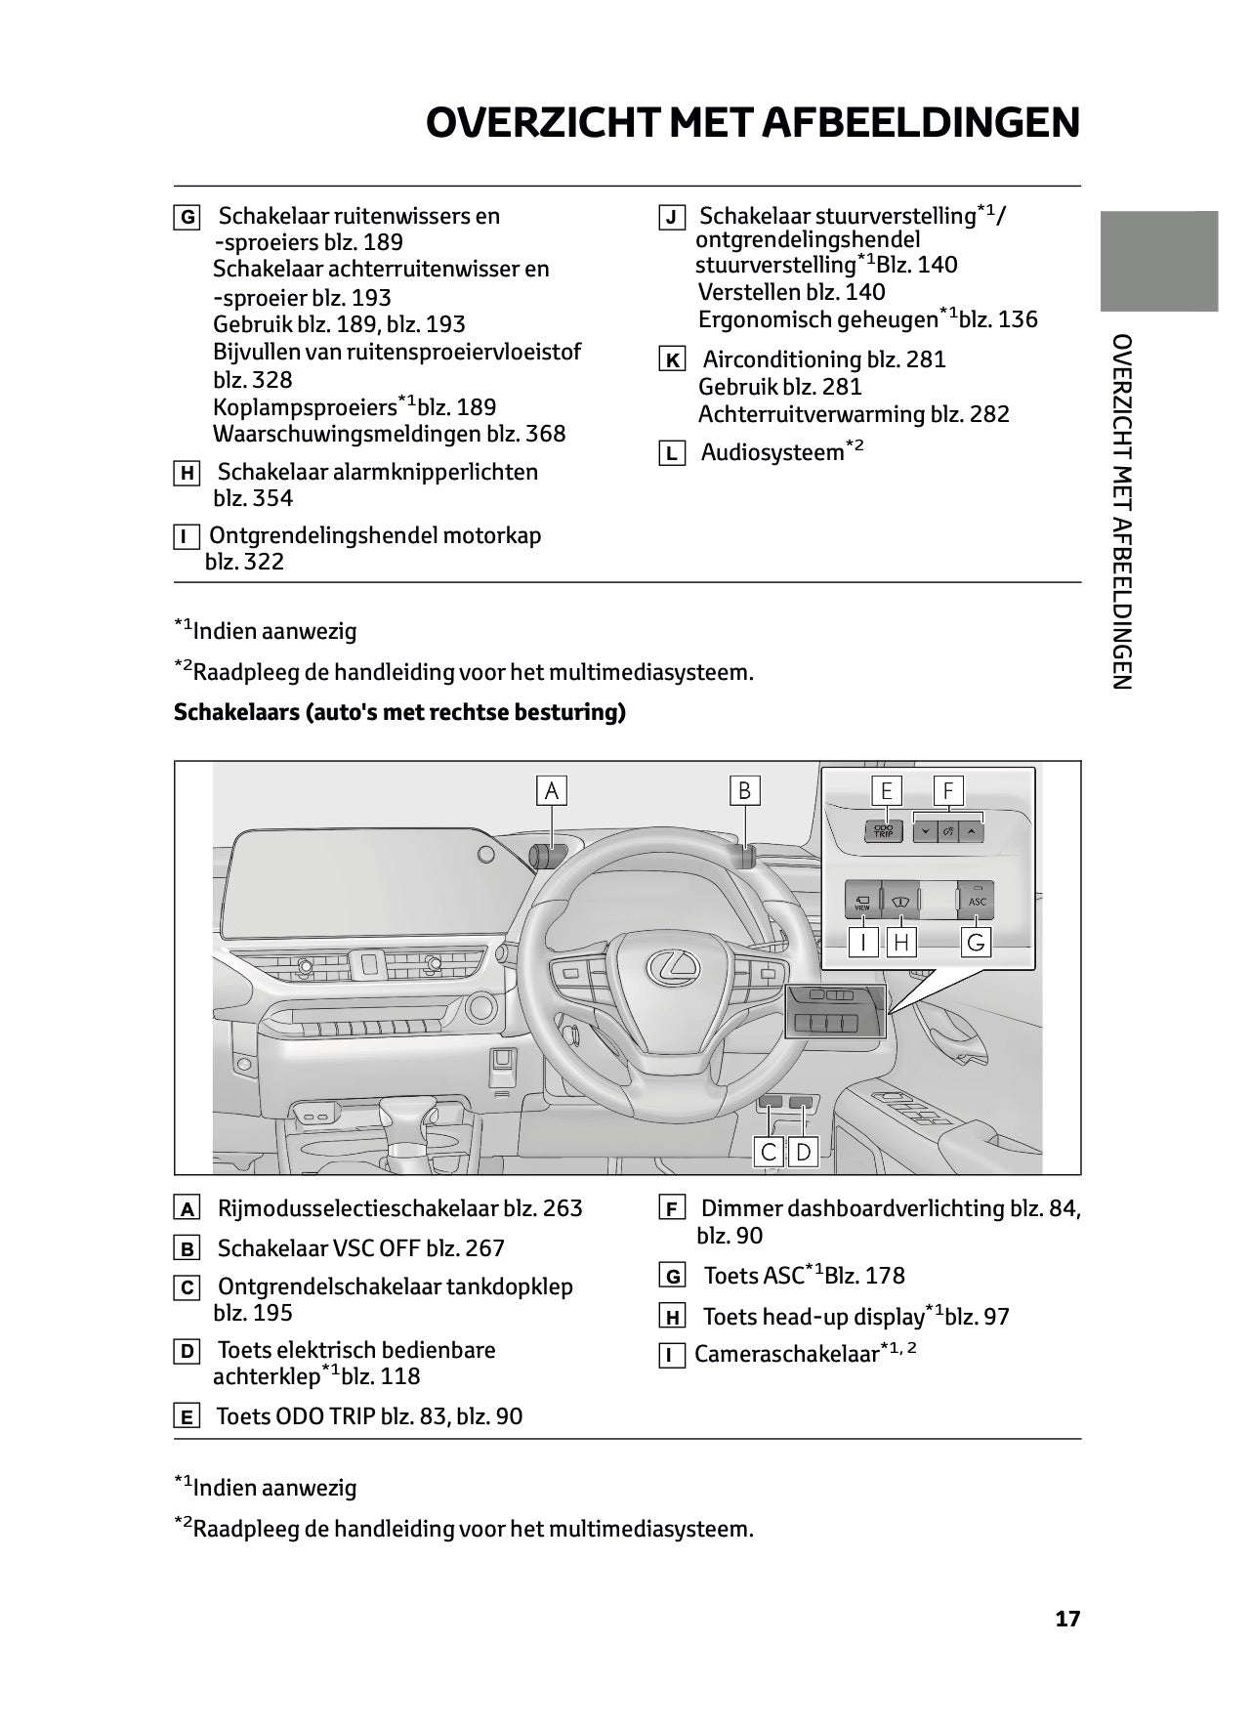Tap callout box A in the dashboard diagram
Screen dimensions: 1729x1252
click(552, 790)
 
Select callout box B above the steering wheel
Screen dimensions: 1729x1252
click(744, 790)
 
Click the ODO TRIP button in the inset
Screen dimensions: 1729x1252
click(883, 831)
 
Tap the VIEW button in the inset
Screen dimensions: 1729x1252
click(862, 902)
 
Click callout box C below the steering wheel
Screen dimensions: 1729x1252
click(769, 1152)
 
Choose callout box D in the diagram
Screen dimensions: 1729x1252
click(803, 1152)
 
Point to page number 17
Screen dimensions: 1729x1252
click(1067, 1619)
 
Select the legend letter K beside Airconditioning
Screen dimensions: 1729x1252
click(672, 360)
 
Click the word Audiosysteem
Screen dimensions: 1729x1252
click(772, 452)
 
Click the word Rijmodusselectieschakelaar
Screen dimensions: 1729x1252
click(356, 1208)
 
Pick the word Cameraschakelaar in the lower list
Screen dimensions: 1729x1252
click(786, 1355)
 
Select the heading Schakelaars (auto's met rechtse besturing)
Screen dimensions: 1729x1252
click(399, 712)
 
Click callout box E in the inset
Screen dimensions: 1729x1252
click(887, 790)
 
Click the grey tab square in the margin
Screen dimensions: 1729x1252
click(1159, 261)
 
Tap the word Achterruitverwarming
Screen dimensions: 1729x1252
click(811, 414)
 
